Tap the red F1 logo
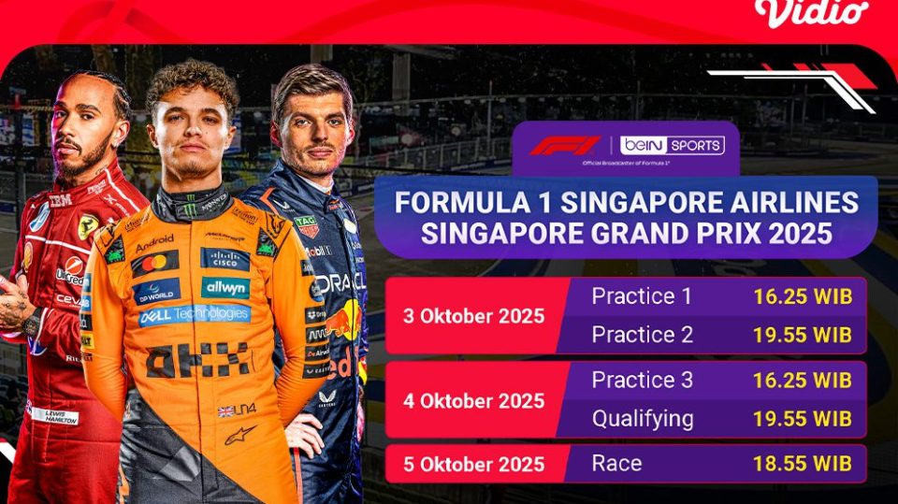pos(565,146)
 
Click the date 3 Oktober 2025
pos(474,315)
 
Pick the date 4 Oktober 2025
pos(474,401)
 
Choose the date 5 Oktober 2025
pos(474,463)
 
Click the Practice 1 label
pos(642,297)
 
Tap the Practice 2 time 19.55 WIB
pos(803,335)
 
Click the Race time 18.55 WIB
pos(803,463)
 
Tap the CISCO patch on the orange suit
pos(224,259)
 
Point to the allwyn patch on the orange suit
pos(224,287)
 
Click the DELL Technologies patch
pos(194,315)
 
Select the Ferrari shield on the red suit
pos(88,226)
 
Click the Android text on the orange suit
pos(154,244)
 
